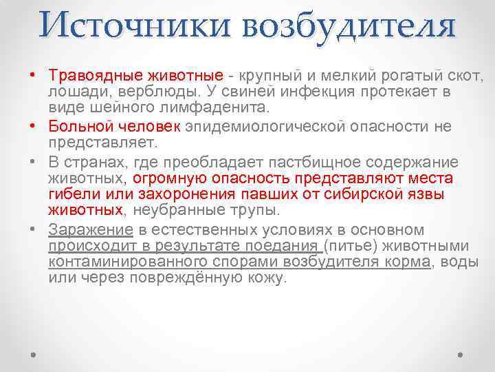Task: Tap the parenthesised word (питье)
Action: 348,246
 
